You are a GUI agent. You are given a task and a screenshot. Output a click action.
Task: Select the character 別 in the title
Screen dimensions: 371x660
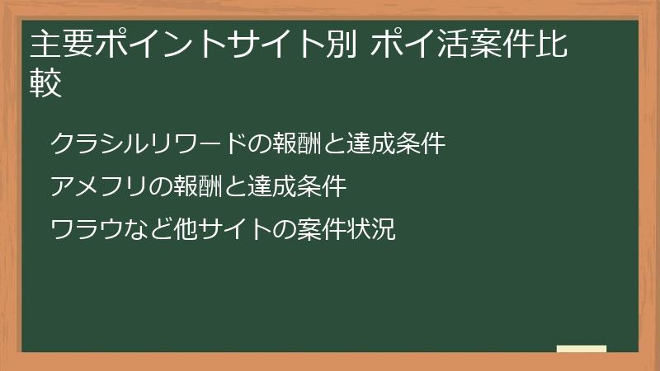[341, 46]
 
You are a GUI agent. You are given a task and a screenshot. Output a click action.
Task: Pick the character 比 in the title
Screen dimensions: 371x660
[550, 46]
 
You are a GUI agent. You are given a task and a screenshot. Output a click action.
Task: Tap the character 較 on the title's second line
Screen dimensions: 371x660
[46, 85]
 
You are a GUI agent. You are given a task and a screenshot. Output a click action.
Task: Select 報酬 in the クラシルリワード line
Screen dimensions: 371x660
[285, 144]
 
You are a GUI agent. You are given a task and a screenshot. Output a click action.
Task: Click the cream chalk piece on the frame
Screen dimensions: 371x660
[582, 349]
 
